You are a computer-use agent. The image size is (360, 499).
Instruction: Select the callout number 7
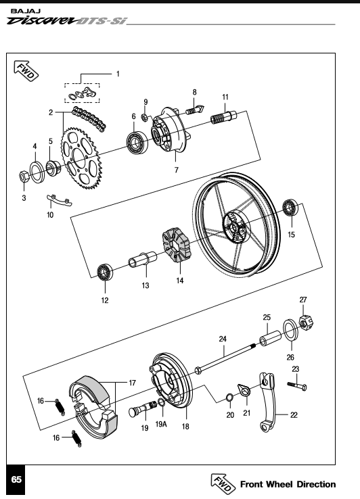176,170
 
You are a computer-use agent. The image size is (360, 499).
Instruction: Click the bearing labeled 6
137,142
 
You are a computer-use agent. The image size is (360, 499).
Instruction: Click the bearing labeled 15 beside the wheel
290,207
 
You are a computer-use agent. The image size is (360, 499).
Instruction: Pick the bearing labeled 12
105,272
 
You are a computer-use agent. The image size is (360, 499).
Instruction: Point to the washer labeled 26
291,329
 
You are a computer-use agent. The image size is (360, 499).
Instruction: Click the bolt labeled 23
297,385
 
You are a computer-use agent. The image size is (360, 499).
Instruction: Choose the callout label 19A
161,424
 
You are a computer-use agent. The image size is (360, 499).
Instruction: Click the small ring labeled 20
229,398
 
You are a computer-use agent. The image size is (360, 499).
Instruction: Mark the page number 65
16,479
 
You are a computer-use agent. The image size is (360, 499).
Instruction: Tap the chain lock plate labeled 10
60,201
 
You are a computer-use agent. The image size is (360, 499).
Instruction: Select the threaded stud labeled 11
223,117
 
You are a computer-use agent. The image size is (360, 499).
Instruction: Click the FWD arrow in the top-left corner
26,71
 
